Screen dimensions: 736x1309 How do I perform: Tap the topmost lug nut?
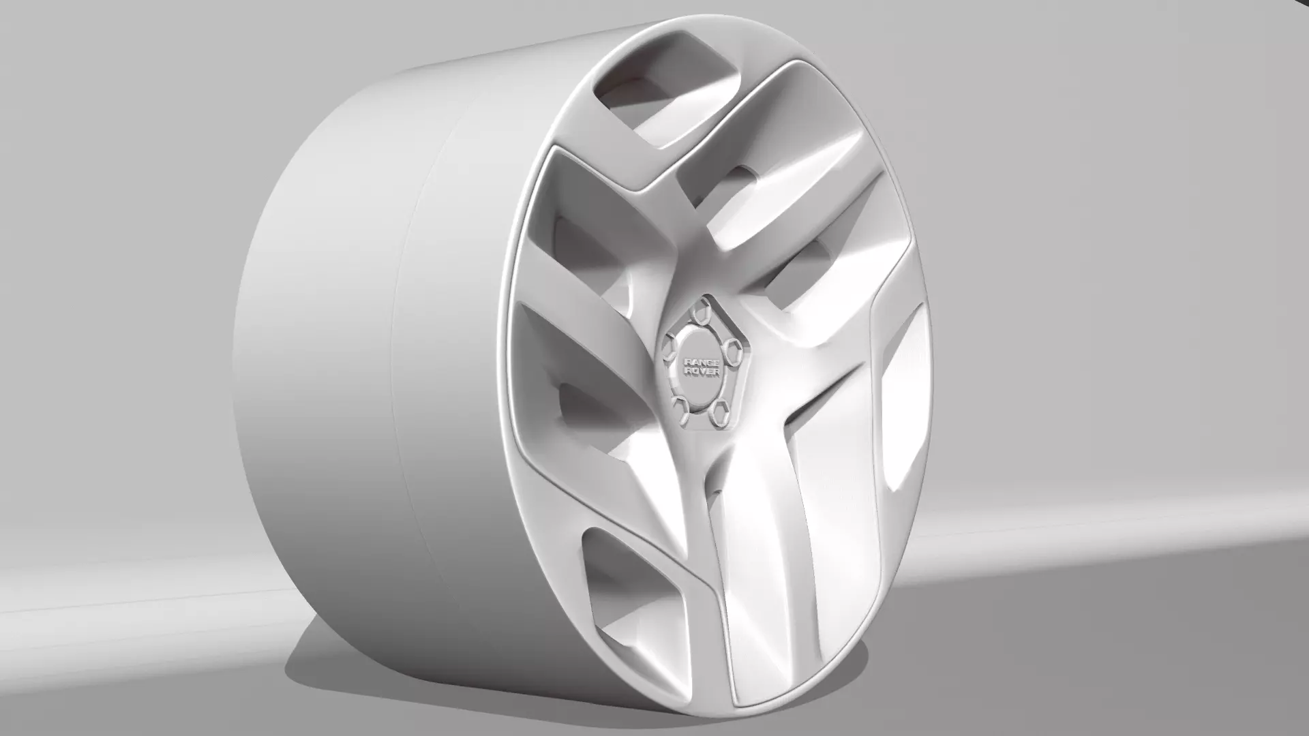point(699,313)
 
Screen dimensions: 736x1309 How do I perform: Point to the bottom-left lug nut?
point(679,407)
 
